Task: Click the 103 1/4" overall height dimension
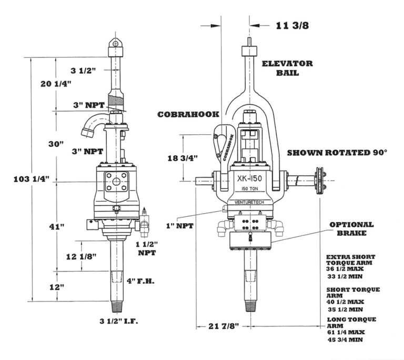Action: point(32,179)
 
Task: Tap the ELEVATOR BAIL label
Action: point(287,68)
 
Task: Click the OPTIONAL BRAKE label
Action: point(352,228)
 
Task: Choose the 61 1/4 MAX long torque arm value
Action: point(346,332)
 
